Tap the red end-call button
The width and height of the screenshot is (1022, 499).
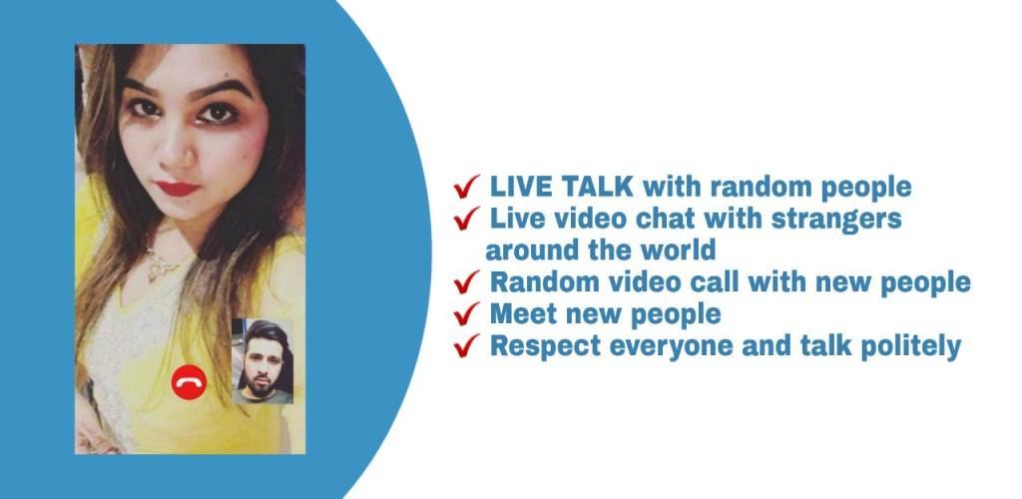[x=189, y=382]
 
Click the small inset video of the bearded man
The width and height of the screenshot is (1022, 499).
[x=262, y=361]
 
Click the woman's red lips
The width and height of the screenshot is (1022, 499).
[x=177, y=189]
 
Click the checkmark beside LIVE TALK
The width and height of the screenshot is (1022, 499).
[x=467, y=187]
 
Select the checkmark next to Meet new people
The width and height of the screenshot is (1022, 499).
[x=467, y=314]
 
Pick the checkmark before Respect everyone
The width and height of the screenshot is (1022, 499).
[x=467, y=345]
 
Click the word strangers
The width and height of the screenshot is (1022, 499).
[x=836, y=220]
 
